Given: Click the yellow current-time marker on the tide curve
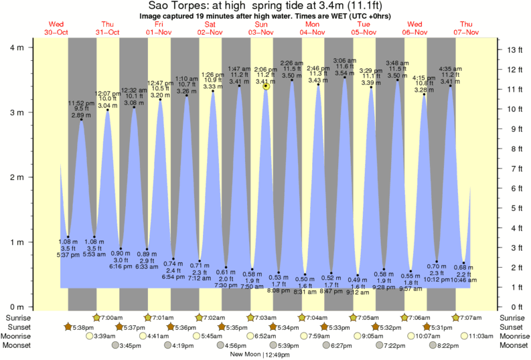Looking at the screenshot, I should pos(267,86).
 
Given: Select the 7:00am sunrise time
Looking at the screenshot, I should pos(111,317).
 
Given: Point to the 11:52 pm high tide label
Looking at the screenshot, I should pos(80,103).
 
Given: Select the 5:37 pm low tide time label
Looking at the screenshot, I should pos(68,255).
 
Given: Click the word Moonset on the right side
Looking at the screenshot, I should pos(512,346).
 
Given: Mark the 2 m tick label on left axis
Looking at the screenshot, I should pos(17,177).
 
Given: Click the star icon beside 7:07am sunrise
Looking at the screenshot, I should pos(456,317).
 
